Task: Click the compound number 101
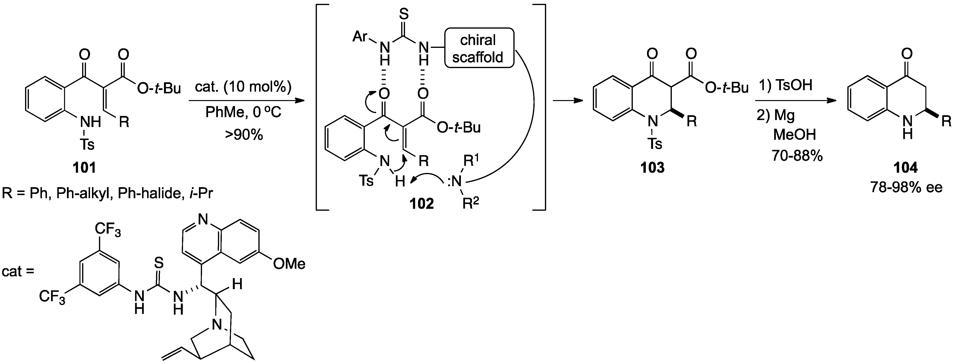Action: tap(85, 168)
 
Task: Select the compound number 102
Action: tap(422, 203)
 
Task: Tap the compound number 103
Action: tap(653, 168)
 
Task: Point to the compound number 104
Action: tap(906, 168)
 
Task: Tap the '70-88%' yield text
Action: tap(797, 156)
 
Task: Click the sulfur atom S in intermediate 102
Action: tap(405, 15)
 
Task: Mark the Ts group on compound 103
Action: tap(654, 144)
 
